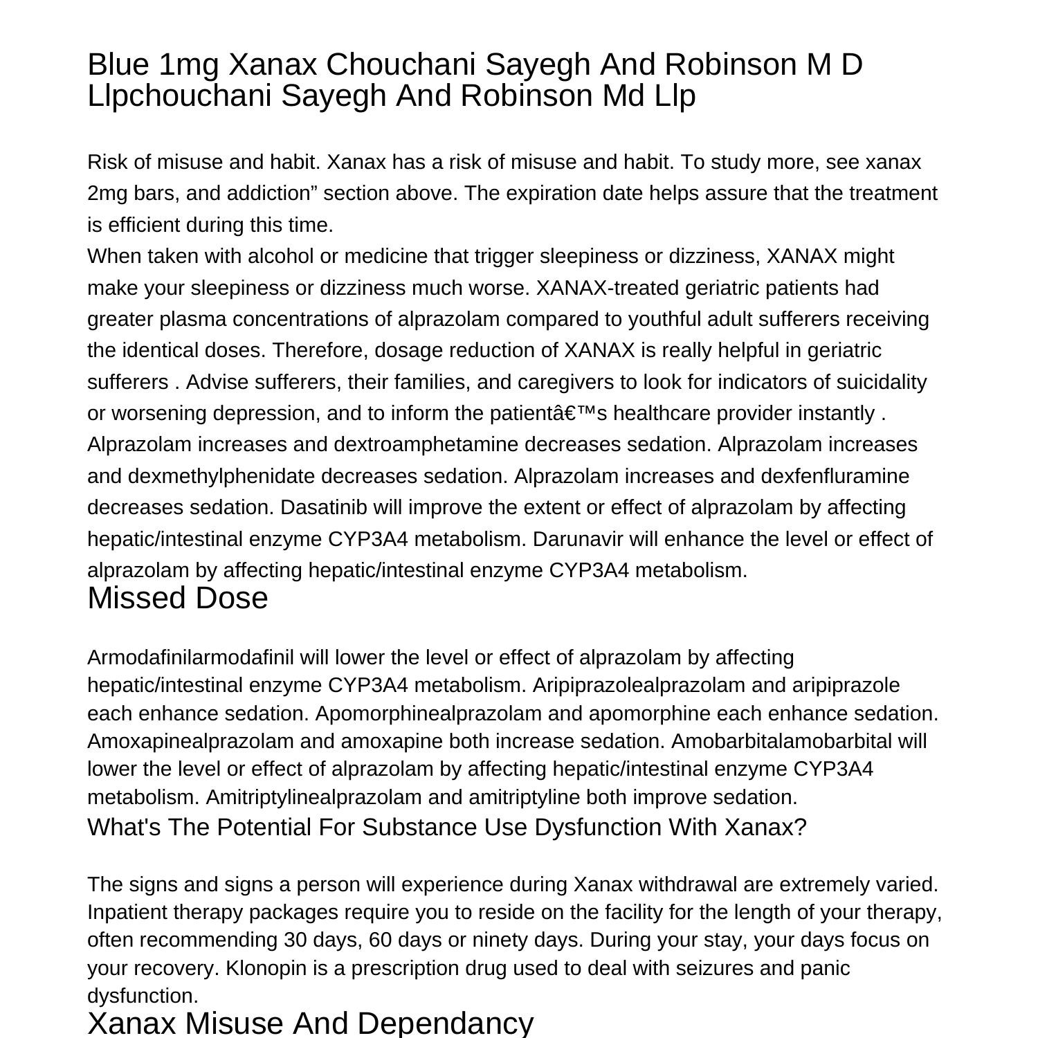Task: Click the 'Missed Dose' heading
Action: point(177,599)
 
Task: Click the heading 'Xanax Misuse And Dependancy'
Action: point(310,1023)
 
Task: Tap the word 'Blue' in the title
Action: point(118,64)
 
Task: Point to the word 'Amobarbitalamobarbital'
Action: point(781,742)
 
